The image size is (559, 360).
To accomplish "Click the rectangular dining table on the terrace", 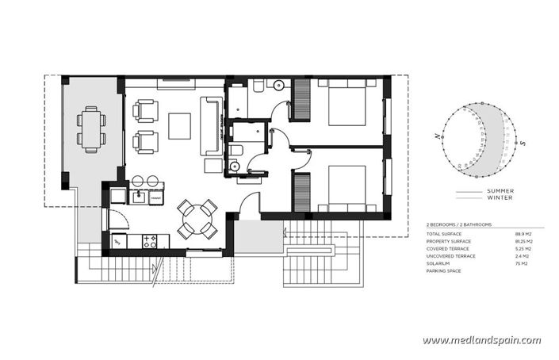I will [x=91, y=130].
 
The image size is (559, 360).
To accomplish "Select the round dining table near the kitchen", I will [x=197, y=218].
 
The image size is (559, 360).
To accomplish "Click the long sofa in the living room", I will [x=212, y=125].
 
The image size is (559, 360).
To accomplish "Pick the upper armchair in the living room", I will [x=146, y=110].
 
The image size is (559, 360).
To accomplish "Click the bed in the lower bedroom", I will [x=343, y=187].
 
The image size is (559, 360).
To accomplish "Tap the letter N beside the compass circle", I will [x=436, y=136].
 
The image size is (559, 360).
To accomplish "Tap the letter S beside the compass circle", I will [x=524, y=143].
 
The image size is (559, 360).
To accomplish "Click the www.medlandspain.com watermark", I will [x=481, y=340].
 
